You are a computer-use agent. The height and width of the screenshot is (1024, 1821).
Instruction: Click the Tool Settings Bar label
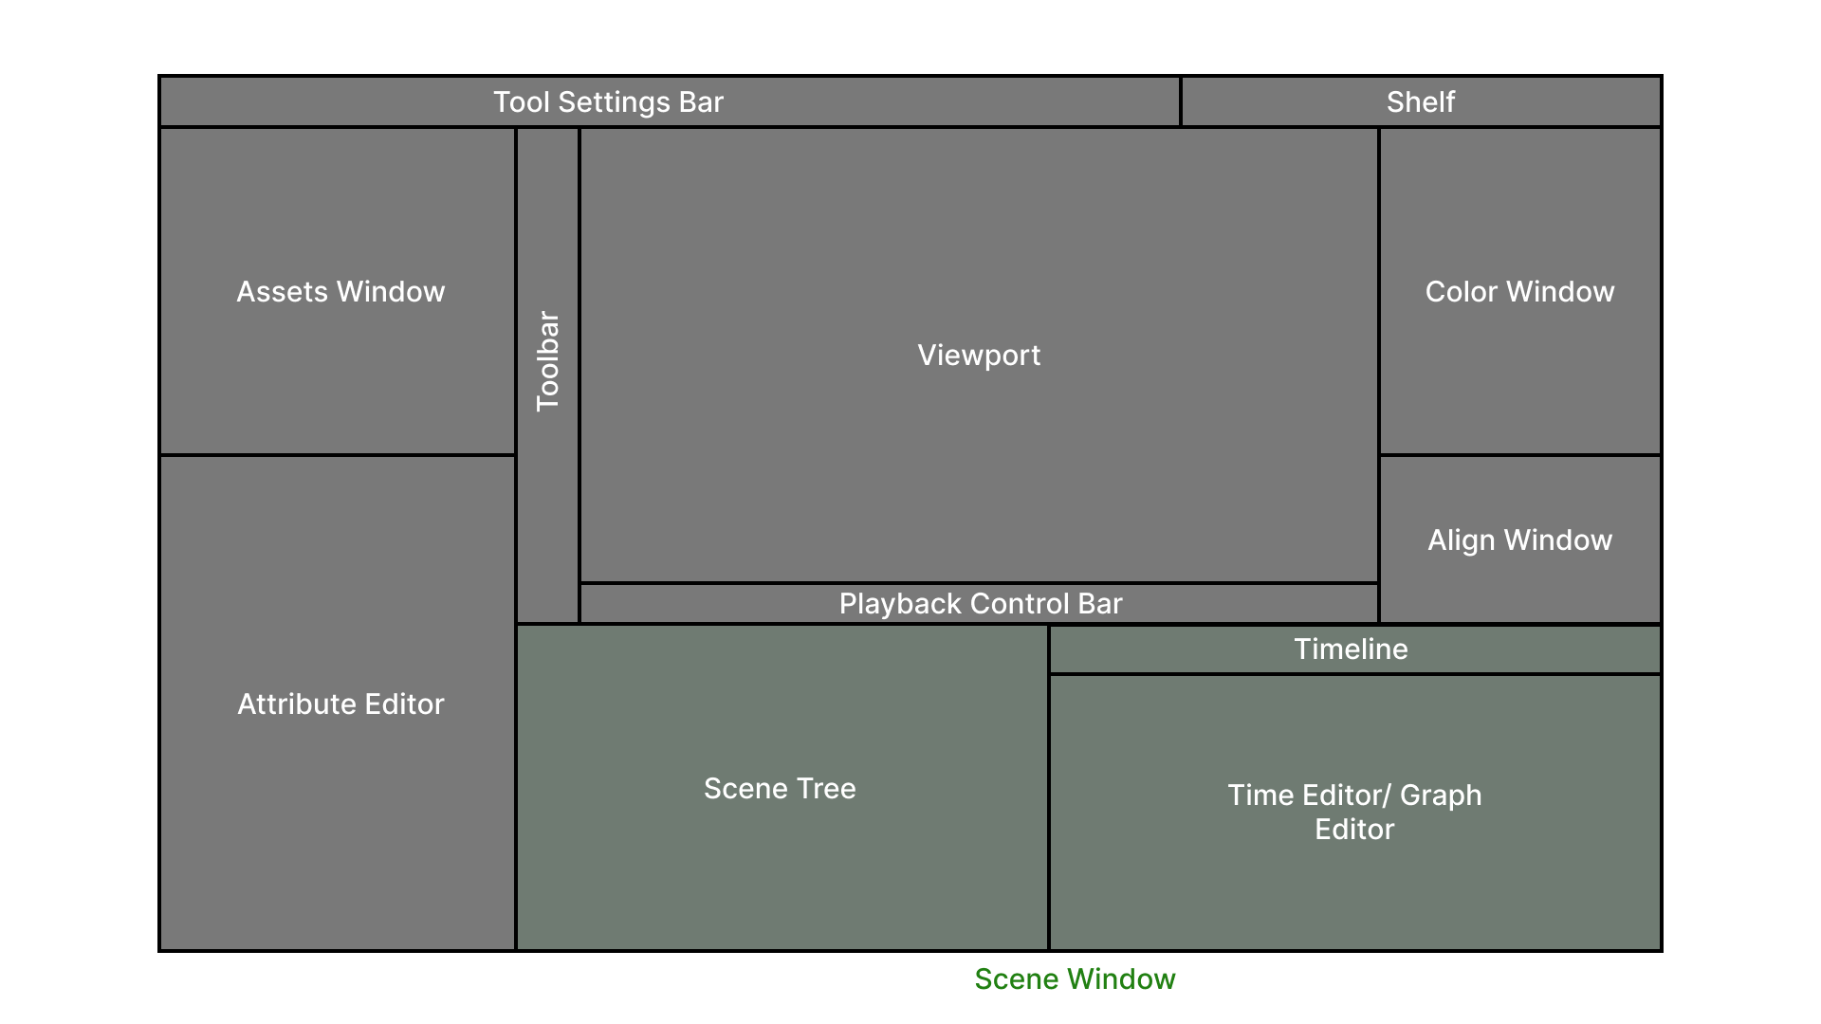coord(608,102)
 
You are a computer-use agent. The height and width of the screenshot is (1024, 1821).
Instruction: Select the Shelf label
coord(1420,102)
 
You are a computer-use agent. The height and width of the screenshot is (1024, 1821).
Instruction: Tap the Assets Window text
coord(340,292)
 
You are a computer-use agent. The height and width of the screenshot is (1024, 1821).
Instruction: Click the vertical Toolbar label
coord(548,361)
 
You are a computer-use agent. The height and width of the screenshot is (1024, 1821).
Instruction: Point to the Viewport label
coord(979,356)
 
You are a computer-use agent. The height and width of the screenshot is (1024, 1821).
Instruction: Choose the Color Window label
coord(1519,292)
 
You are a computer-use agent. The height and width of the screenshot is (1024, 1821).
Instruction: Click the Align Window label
coord(1519,540)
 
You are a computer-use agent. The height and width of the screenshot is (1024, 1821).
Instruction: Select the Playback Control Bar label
coord(981,604)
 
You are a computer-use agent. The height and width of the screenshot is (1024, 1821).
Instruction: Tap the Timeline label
coord(1351,649)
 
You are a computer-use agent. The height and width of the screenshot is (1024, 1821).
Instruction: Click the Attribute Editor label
coord(340,704)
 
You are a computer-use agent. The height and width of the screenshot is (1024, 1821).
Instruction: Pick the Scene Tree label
coord(780,789)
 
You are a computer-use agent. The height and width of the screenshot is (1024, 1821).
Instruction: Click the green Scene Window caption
coord(1075,979)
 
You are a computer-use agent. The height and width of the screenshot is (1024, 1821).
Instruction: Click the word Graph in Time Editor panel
coord(1440,795)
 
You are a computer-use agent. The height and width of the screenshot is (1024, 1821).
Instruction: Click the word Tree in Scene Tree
coord(827,789)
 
